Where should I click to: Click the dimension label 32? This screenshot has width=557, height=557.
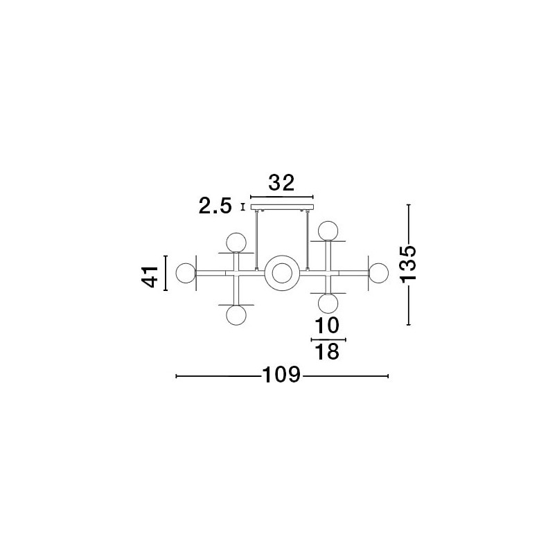(x=281, y=184)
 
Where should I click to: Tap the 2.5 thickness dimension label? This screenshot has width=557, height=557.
(x=215, y=206)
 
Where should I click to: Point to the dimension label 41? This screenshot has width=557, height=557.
(x=150, y=276)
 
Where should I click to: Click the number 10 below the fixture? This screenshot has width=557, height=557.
(x=327, y=326)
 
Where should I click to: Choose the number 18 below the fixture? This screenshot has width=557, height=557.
(x=327, y=352)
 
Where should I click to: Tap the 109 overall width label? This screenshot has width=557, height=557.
(x=281, y=375)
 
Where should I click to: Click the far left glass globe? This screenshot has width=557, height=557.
(x=186, y=273)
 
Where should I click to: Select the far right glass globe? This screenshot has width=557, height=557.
(x=378, y=273)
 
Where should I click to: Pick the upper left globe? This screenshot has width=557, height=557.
(x=236, y=242)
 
